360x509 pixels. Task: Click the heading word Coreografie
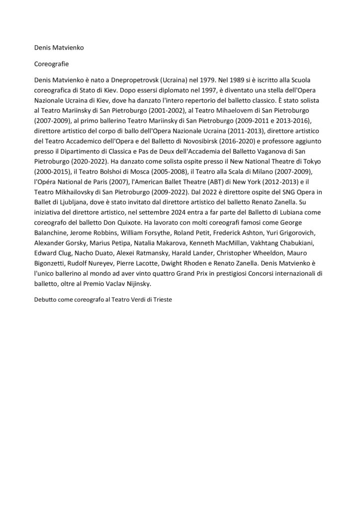(x=51, y=64)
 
